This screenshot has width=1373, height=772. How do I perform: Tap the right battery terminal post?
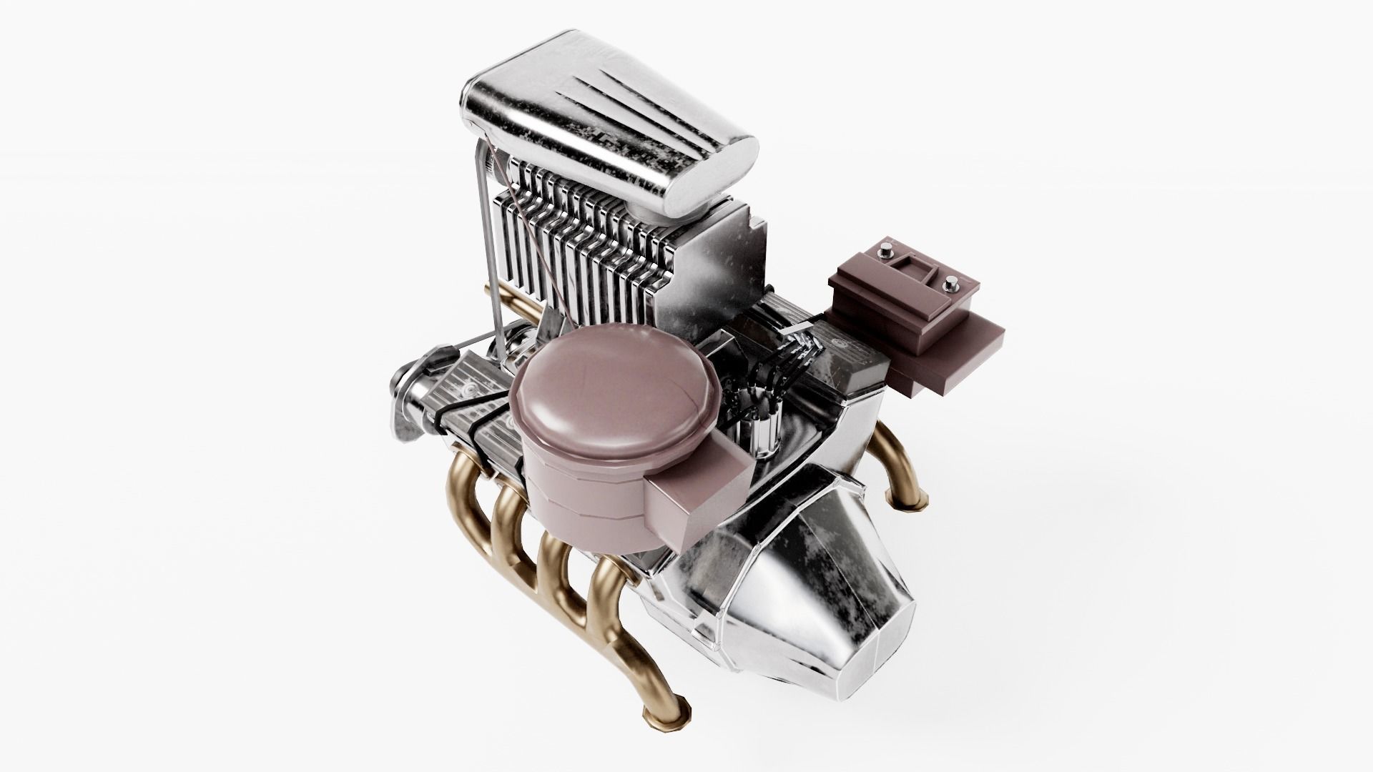coord(952,283)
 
